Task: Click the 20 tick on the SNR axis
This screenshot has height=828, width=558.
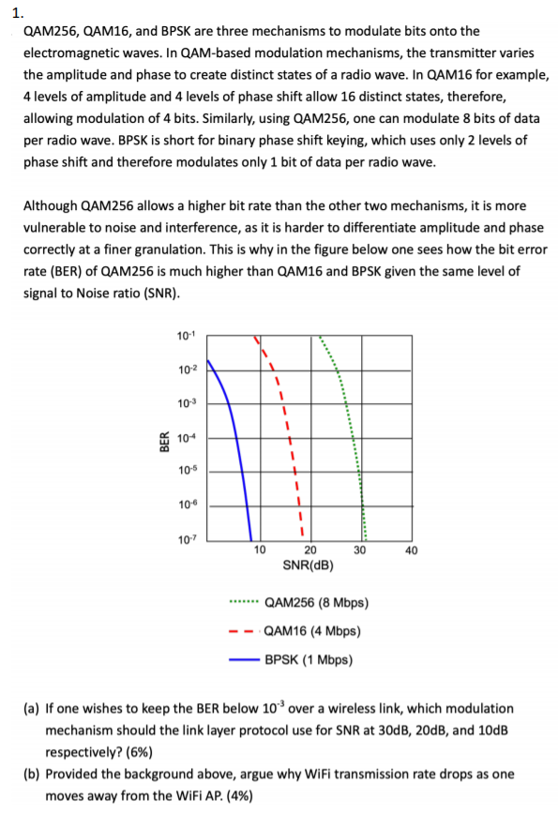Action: [310, 550]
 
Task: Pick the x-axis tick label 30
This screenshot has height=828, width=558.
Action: [360, 550]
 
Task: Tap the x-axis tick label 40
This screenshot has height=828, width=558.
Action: [411, 550]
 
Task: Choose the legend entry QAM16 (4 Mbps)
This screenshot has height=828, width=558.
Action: [312, 631]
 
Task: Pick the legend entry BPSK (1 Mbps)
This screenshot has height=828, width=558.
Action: [308, 659]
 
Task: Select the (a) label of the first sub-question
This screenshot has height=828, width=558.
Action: [29, 708]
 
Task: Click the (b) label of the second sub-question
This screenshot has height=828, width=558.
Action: [29, 775]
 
